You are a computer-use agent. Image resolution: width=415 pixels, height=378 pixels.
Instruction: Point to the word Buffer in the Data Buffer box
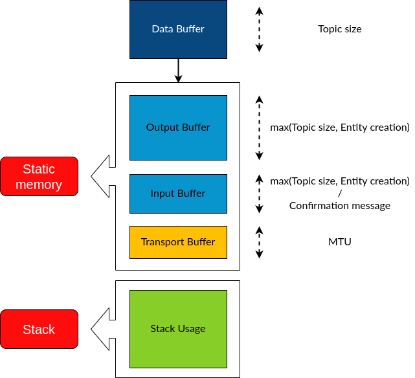pyautogui.click(x=190, y=29)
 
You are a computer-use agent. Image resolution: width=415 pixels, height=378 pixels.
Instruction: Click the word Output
pyautogui.click(x=162, y=128)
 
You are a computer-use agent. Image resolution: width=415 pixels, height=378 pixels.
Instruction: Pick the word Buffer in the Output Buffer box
pyautogui.click(x=196, y=128)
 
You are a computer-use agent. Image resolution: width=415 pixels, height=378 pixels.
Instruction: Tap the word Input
pyautogui.click(x=163, y=194)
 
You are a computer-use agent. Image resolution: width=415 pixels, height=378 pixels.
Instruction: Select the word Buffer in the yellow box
pyautogui.click(x=201, y=242)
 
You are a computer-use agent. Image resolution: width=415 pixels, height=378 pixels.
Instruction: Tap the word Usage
pyautogui.click(x=192, y=329)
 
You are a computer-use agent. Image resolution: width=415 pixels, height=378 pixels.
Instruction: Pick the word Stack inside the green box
pyautogui.click(x=163, y=329)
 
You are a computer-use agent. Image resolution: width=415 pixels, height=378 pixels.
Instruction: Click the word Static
pyautogui.click(x=39, y=169)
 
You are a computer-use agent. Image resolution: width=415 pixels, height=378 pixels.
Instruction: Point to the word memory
pyautogui.click(x=39, y=185)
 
